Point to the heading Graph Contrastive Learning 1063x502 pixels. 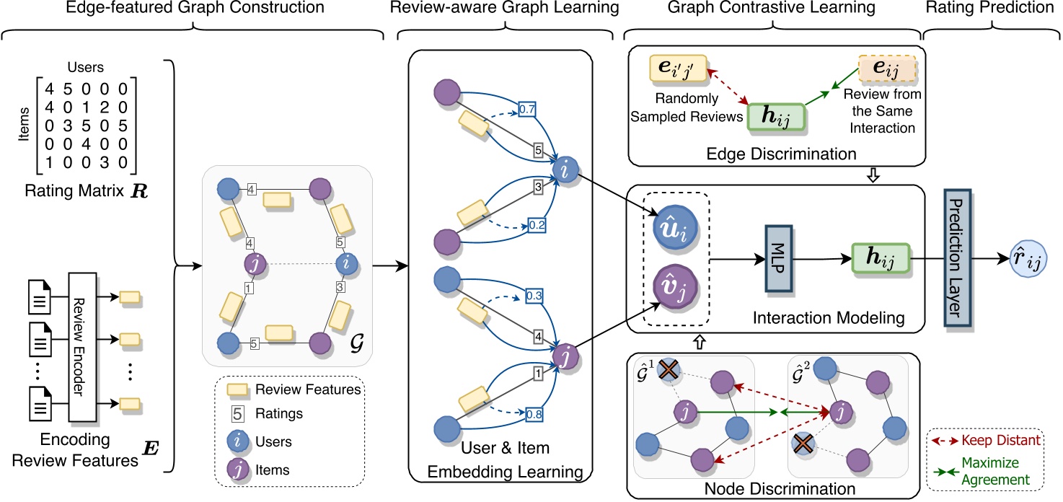(x=772, y=8)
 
